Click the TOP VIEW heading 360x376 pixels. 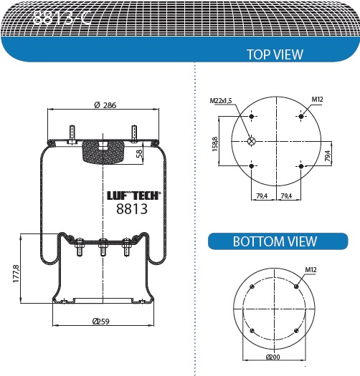pyautogui.click(x=275, y=54)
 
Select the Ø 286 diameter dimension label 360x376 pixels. pyautogui.click(x=105, y=105)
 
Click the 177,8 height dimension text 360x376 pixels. pyautogui.click(x=15, y=273)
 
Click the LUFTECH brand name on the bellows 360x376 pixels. pyautogui.click(x=134, y=195)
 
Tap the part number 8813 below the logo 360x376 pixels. pyautogui.click(x=131, y=209)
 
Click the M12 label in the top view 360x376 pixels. pyautogui.click(x=317, y=99)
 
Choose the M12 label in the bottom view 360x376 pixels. pyautogui.click(x=311, y=270)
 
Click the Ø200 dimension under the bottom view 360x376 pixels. pyautogui.click(x=273, y=357)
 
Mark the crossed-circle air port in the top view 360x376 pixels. pyautogui.click(x=251, y=141)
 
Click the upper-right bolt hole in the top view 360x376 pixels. pyautogui.click(x=301, y=115)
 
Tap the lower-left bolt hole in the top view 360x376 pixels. pyautogui.click(x=252, y=166)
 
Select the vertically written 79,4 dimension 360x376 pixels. pyautogui.click(x=327, y=154)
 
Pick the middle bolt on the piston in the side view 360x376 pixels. pyautogui.click(x=103, y=246)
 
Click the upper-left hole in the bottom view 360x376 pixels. pyautogui.click(x=252, y=287)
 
